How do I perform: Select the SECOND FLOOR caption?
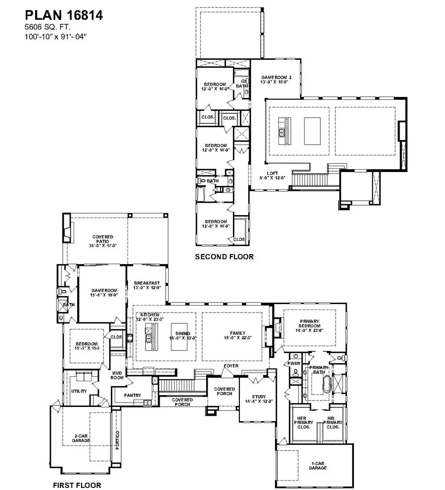[224, 257]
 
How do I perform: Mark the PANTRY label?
[133, 395]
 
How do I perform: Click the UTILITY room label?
[80, 391]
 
